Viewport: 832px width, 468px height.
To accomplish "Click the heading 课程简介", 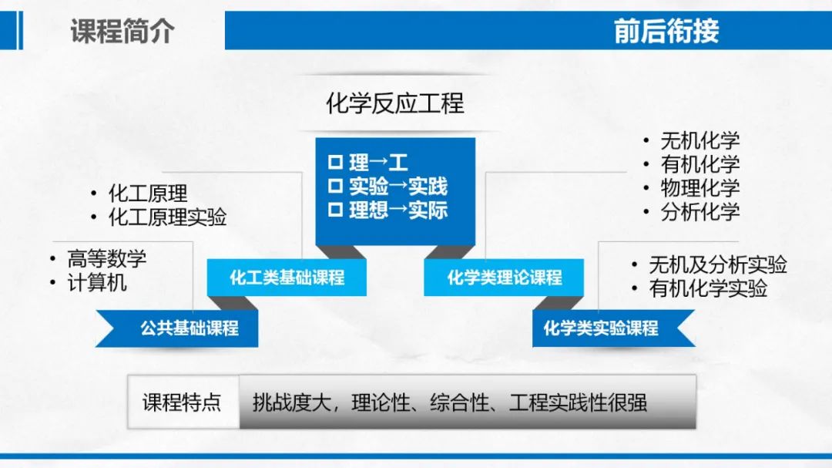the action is click(x=122, y=31).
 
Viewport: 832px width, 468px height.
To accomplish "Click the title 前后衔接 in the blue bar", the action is click(x=666, y=31).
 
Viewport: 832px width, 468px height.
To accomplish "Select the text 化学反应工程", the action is click(x=394, y=103).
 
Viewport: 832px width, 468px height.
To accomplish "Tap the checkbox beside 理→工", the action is click(x=335, y=161).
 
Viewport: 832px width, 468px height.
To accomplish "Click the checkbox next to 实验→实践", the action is click(x=335, y=185).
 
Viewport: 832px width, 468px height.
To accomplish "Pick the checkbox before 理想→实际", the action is click(x=335, y=209).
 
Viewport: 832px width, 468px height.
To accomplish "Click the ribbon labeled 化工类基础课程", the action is click(x=287, y=278).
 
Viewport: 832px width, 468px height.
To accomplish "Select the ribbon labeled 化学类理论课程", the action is click(x=504, y=278).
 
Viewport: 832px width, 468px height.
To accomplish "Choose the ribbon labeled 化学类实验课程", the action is click(x=613, y=328).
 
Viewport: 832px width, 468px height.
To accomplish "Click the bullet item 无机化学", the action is click(x=699, y=141).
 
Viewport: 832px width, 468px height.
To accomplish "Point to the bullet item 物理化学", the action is click(x=699, y=188).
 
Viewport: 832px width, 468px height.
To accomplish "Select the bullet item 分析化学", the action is click(x=699, y=212).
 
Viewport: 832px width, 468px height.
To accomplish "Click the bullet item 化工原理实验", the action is click(x=167, y=217).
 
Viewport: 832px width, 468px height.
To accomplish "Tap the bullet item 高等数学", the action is click(x=106, y=259).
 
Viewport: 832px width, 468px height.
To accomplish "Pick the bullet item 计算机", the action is click(x=97, y=283).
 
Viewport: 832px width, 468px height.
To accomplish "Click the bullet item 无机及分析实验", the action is click(x=717, y=264).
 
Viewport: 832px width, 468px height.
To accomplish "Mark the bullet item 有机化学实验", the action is click(x=708, y=288).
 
